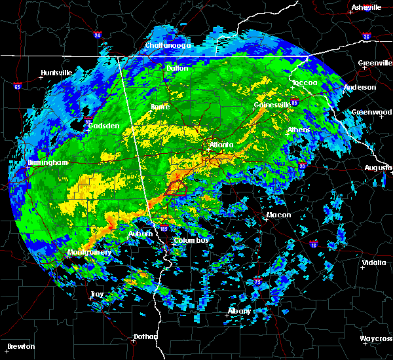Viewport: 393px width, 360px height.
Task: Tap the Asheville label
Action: coord(366,7)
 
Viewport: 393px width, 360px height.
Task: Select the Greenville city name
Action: coord(375,63)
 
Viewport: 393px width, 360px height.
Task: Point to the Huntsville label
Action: coord(58,73)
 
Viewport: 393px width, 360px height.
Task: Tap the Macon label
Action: coord(278,215)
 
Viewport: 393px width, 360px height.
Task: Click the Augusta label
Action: coord(378,168)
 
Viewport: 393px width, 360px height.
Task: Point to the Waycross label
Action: coord(376,338)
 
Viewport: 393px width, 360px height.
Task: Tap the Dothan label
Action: coord(146,336)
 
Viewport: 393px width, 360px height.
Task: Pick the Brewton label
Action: coord(22,346)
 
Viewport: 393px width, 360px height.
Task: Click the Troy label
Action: coord(96,294)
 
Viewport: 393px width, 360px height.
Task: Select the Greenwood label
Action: coord(372,112)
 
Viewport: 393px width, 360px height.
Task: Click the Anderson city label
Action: coord(360,87)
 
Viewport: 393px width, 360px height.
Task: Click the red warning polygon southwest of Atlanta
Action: coord(175,188)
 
